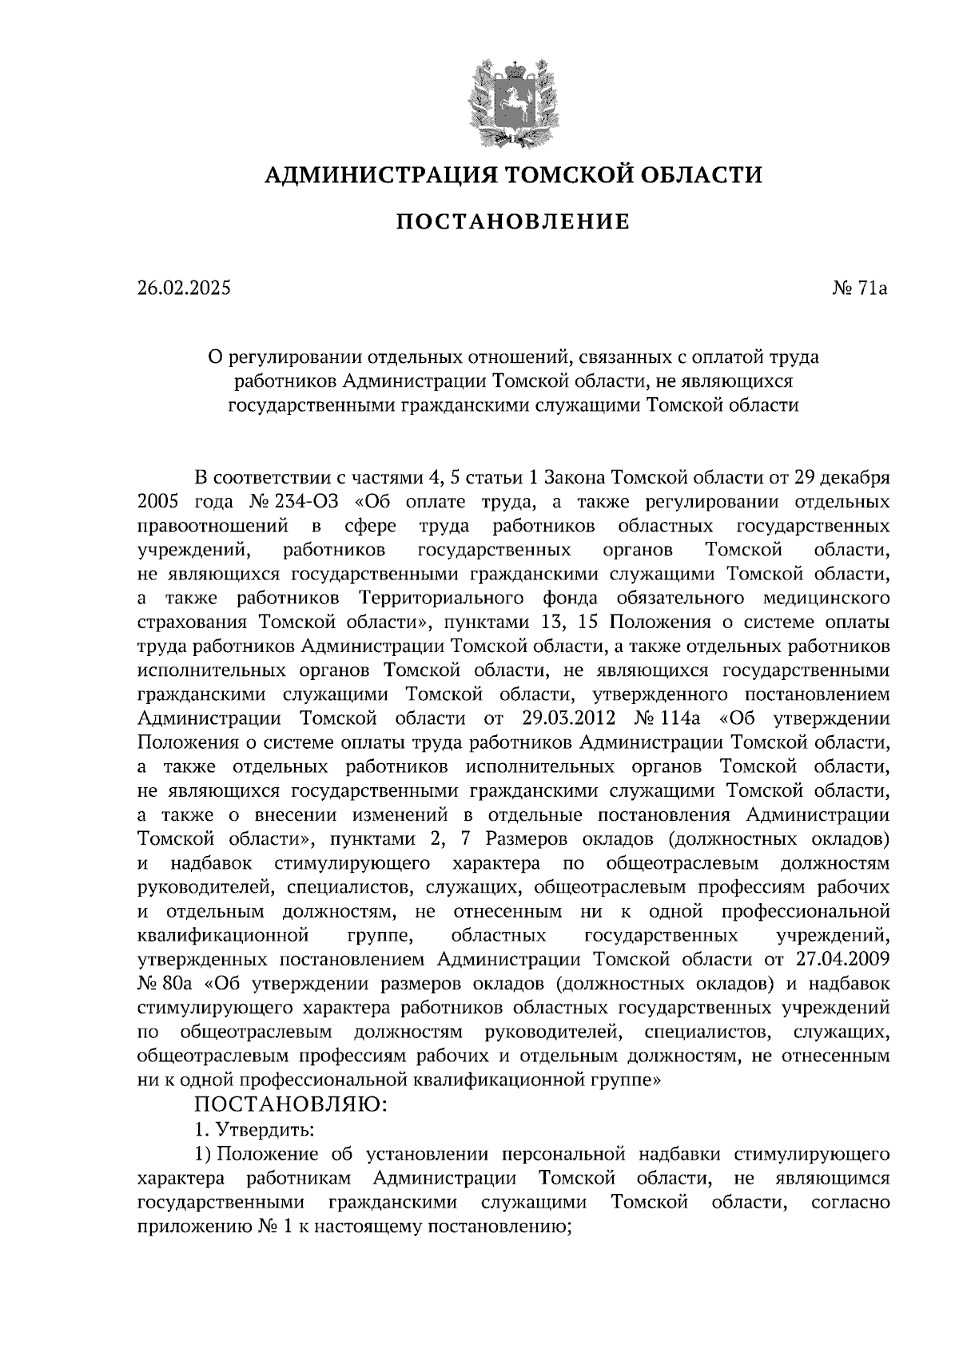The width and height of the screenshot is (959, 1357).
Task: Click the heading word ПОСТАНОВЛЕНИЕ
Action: tap(513, 221)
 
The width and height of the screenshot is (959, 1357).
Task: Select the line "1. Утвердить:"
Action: tap(254, 1131)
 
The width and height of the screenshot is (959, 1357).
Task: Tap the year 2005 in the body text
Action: tap(159, 502)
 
